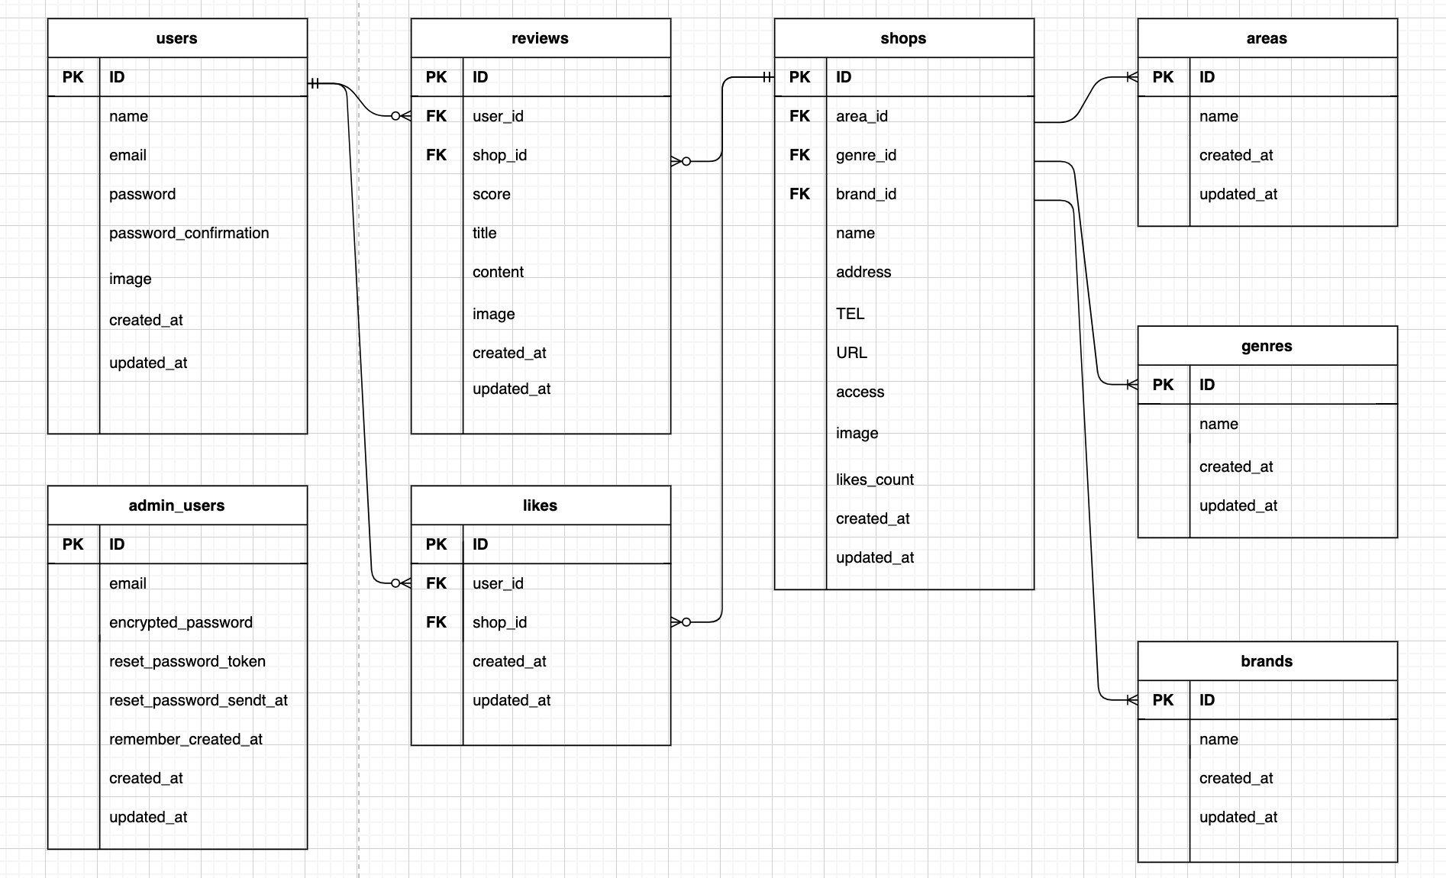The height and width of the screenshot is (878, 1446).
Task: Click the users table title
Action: point(176,38)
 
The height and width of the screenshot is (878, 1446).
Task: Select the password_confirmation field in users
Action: point(189,233)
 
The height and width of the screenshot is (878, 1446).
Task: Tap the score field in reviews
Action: point(491,194)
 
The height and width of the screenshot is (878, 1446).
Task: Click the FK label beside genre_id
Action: point(799,155)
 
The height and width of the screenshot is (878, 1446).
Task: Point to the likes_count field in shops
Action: point(874,479)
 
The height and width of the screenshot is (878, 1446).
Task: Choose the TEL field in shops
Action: point(850,314)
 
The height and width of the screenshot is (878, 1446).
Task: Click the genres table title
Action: point(1266,346)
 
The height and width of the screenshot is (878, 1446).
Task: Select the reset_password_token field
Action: point(187,661)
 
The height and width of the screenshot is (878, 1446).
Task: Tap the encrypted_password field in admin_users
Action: point(180,622)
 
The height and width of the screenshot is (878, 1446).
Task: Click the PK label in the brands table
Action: point(1163,700)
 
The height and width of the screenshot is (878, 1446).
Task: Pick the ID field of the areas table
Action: point(1206,77)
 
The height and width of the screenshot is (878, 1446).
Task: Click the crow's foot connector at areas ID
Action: point(1131,77)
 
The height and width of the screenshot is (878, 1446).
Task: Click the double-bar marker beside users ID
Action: point(315,84)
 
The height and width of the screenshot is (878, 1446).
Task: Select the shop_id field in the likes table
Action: point(499,622)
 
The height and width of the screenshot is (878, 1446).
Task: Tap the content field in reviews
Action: point(498,272)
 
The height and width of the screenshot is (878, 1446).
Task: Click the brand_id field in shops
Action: point(866,194)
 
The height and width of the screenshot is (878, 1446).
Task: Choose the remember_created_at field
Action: point(186,739)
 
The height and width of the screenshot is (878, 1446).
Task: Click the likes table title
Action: point(540,505)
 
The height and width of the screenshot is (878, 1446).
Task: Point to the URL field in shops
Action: point(851,353)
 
